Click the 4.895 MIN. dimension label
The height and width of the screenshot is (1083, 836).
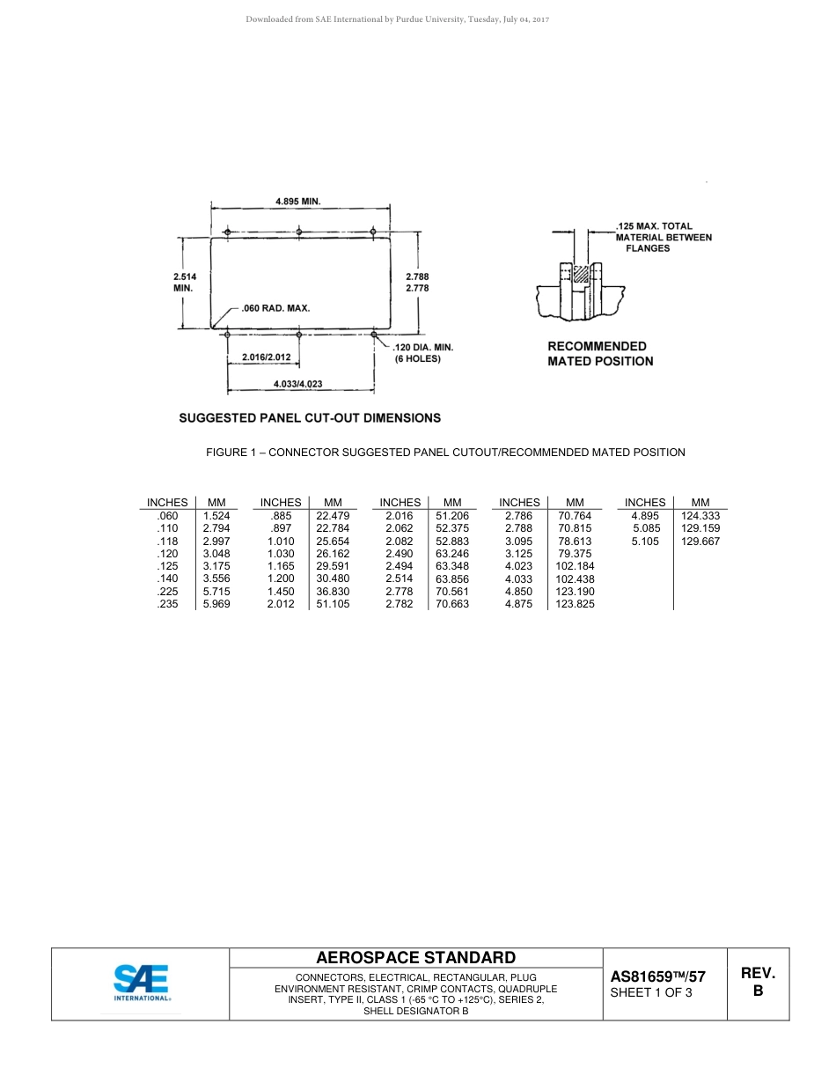coord(297,201)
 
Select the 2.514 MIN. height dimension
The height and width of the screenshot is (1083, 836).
coord(184,282)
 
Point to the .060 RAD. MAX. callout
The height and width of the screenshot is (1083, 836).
coord(275,308)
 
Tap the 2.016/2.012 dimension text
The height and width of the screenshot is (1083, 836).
coord(266,357)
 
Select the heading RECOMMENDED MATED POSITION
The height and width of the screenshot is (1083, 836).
coord(600,353)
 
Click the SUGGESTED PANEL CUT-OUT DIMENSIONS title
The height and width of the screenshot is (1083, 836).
coord(310,417)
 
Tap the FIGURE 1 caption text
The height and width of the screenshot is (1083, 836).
coord(445,453)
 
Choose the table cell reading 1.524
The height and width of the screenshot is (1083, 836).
coord(216,516)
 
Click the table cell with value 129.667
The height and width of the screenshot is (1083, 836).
coord(700,541)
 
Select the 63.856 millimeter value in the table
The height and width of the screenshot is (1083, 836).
coord(452,579)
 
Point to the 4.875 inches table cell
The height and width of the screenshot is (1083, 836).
coord(519,604)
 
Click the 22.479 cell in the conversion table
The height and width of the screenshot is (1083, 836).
coord(333,516)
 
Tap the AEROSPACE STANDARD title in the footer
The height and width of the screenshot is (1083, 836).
coord(415,958)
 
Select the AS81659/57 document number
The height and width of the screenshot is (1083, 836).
coord(657,976)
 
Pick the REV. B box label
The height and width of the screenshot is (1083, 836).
coord(758,982)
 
